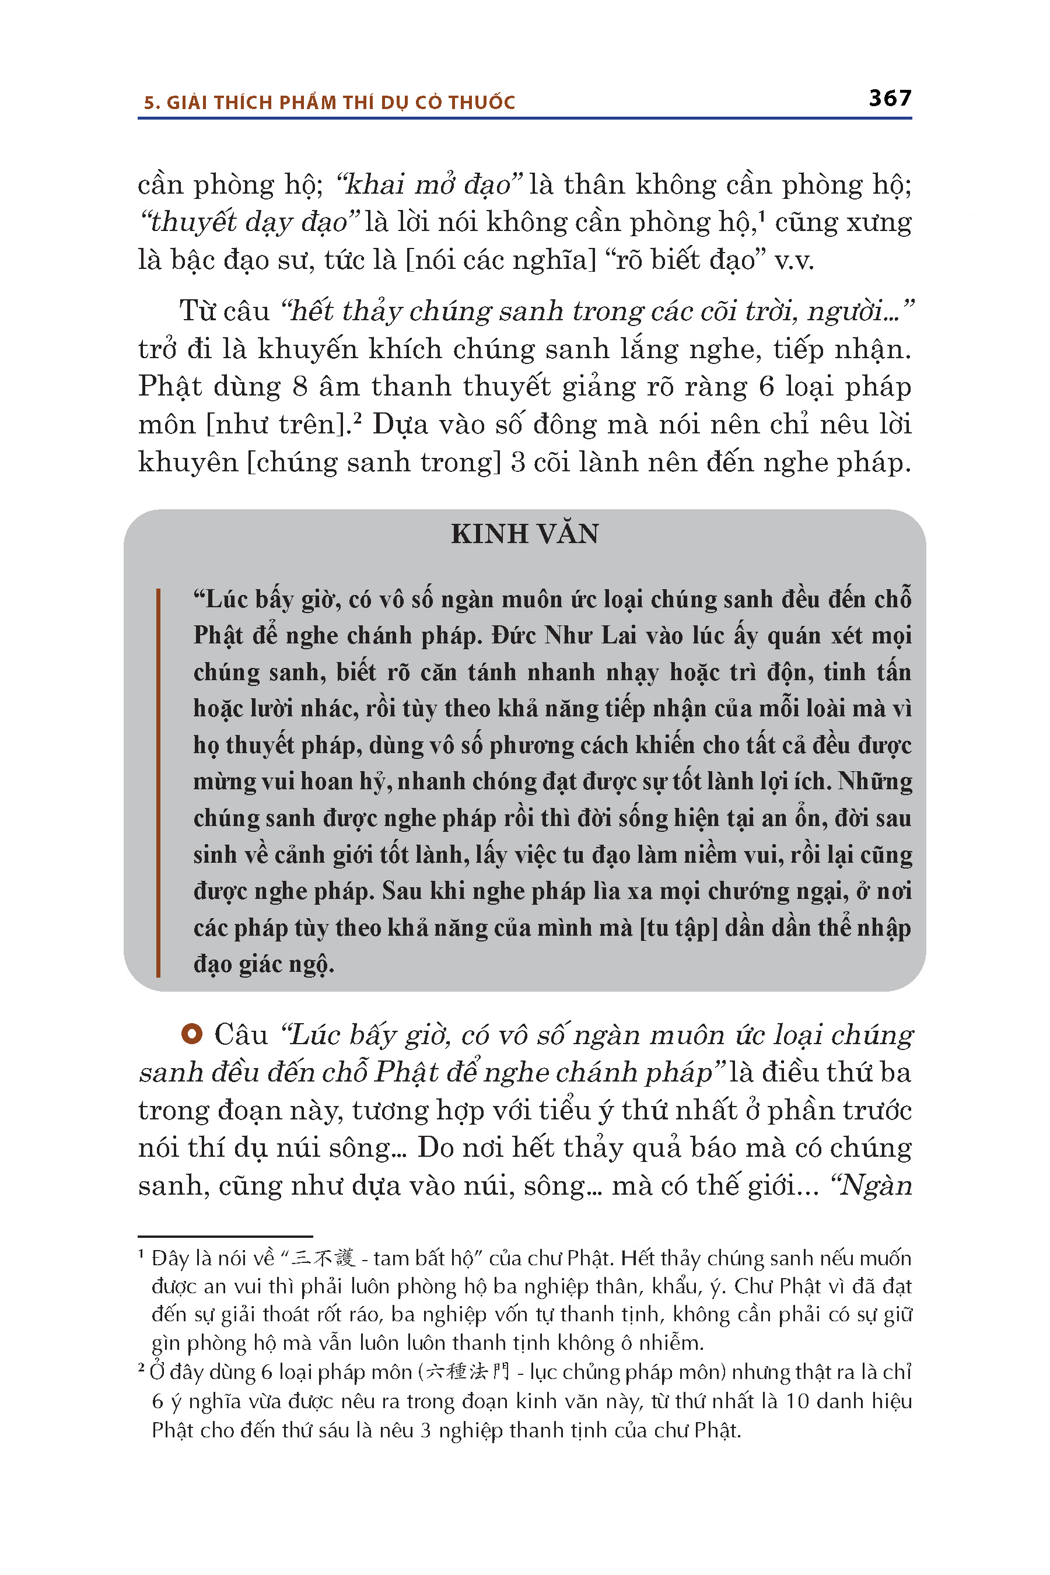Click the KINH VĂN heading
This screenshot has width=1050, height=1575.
(524, 534)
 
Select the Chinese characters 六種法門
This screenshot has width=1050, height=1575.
(467, 1372)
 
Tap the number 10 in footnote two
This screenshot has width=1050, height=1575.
(797, 1401)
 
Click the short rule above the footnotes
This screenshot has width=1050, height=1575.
(225, 1236)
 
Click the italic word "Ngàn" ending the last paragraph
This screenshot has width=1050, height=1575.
(875, 1185)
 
